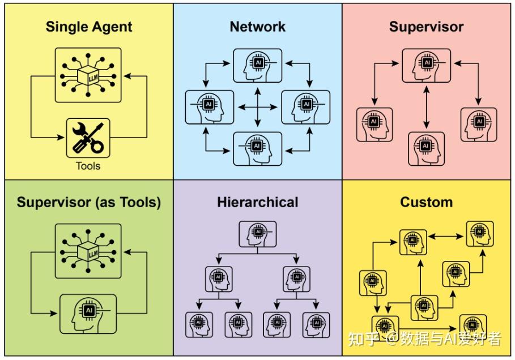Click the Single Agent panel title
(x=89, y=27)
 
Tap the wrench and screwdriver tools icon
(x=88, y=138)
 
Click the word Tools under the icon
(x=88, y=166)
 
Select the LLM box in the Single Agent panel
(x=88, y=75)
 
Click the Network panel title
(x=258, y=27)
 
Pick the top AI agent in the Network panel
(x=258, y=65)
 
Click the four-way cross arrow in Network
(x=258, y=106)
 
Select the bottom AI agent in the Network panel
(x=258, y=149)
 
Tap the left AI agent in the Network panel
(x=210, y=106)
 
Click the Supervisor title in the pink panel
(x=426, y=27)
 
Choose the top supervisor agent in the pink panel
(x=426, y=65)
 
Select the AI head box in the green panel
(x=88, y=313)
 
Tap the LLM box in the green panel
(x=88, y=250)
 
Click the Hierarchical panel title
(x=258, y=202)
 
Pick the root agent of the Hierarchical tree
(x=258, y=233)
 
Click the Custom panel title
(x=426, y=202)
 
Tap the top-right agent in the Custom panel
(x=479, y=234)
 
